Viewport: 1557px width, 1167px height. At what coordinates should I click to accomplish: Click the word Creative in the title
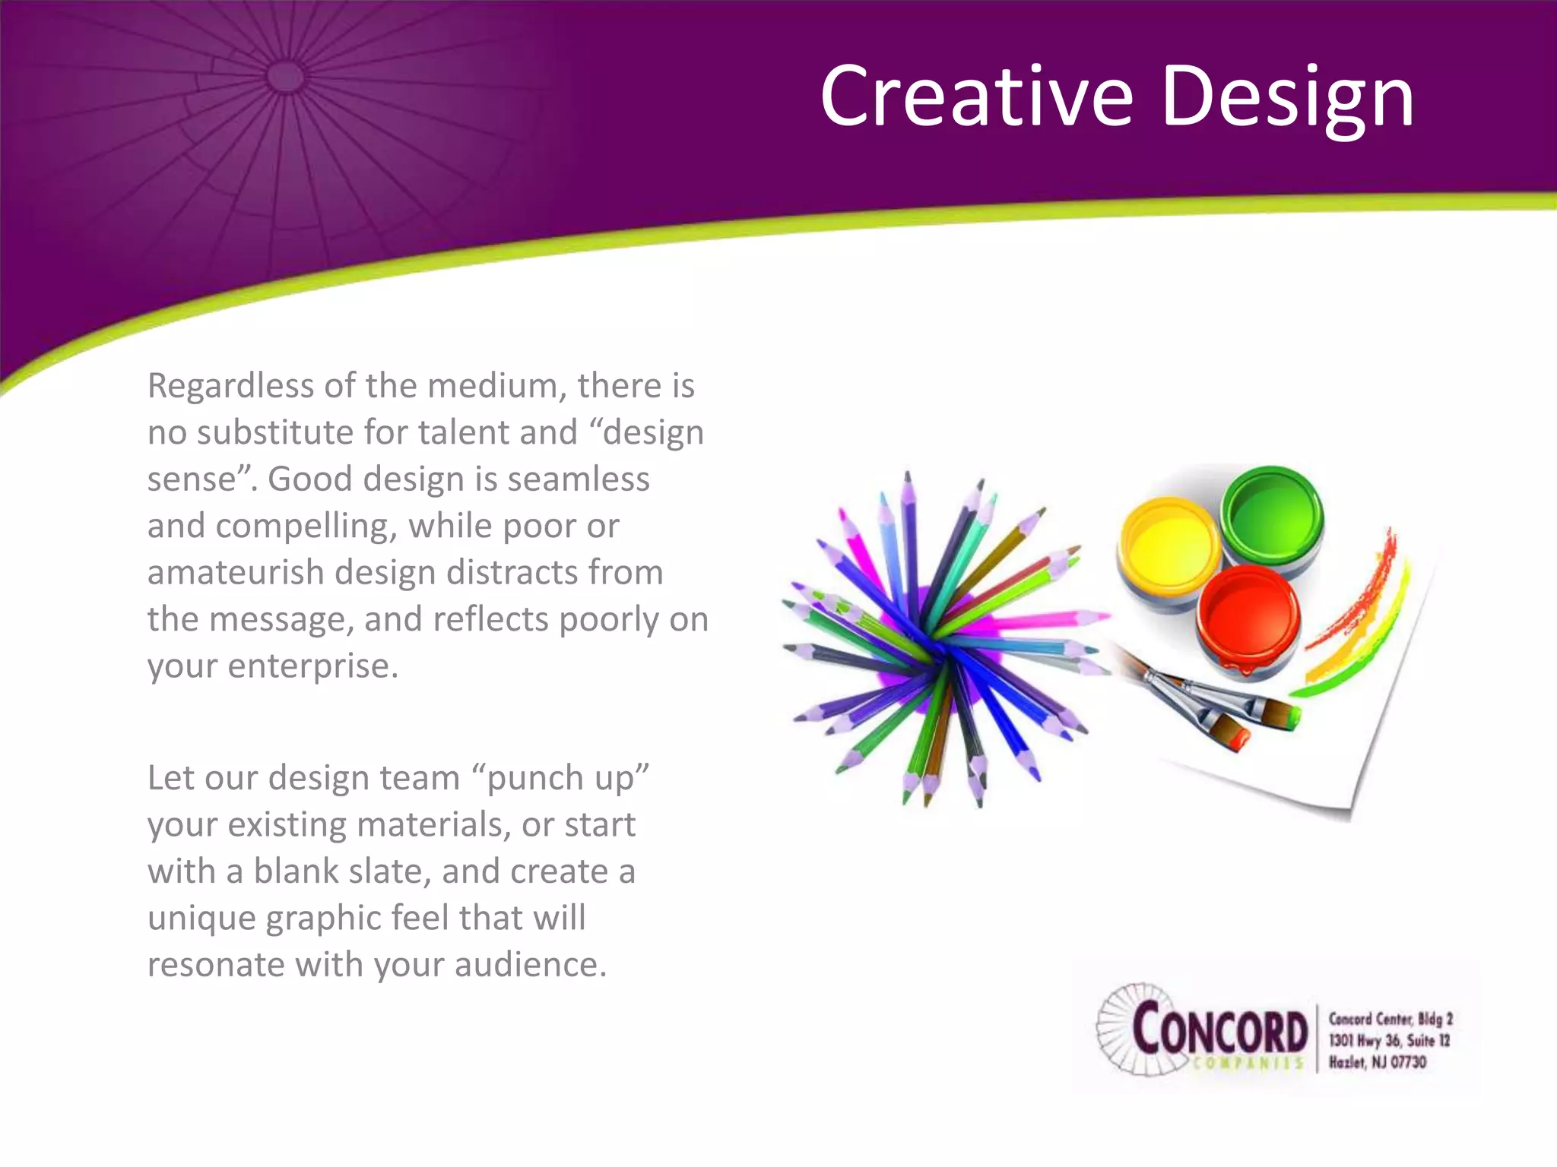tap(976, 96)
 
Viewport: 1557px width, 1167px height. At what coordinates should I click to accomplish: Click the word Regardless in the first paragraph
tap(230, 386)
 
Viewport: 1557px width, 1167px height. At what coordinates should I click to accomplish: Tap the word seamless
tap(578, 479)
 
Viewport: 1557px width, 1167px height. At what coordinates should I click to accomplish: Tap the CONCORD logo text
tap(1219, 1031)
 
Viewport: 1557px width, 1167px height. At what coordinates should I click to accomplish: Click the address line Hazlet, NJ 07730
tap(1377, 1061)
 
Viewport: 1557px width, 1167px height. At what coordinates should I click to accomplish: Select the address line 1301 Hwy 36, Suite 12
tap(1388, 1040)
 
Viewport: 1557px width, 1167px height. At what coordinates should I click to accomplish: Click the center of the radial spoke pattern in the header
tap(286, 76)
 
